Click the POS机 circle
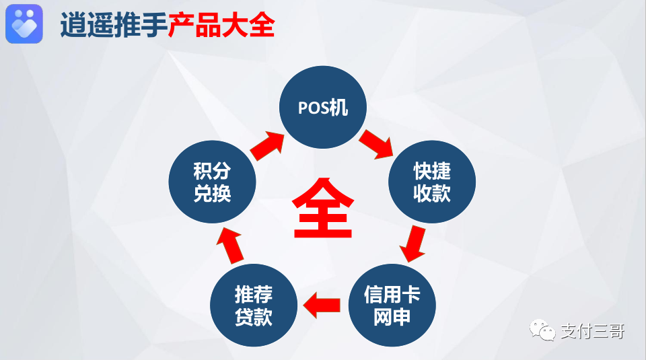[323, 108]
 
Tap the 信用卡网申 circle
[392, 305]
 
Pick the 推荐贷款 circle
[253, 305]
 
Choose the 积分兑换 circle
[212, 183]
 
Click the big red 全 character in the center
[323, 209]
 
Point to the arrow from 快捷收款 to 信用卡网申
[413, 244]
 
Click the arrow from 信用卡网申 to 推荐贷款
[322, 305]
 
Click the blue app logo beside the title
[24, 24]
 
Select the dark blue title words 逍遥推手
[114, 26]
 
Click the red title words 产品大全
[221, 26]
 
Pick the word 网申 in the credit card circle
[392, 316]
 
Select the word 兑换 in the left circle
[212, 194]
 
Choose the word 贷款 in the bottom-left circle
[253, 316]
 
